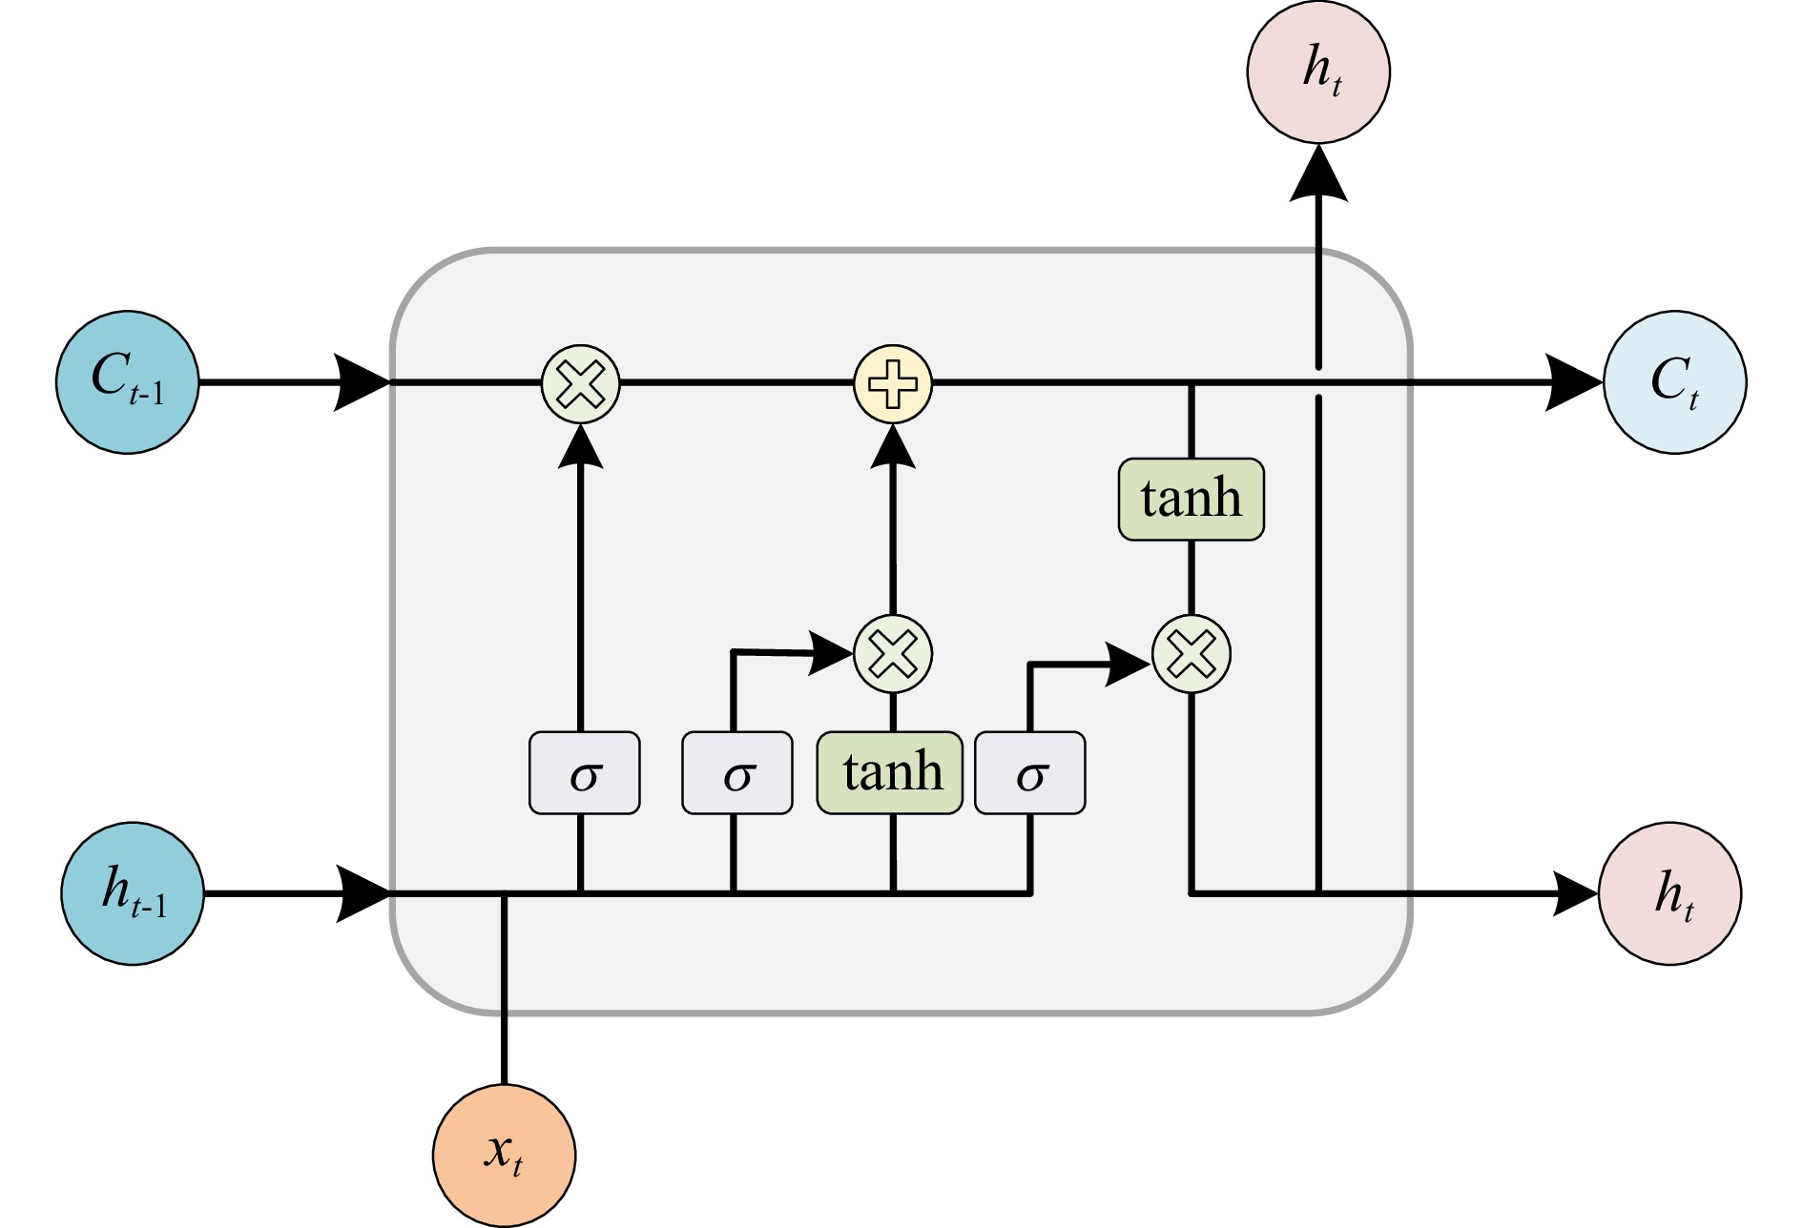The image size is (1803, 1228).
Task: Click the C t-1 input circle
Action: (128, 382)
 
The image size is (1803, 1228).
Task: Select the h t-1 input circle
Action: (133, 894)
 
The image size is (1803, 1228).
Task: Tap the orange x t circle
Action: (504, 1156)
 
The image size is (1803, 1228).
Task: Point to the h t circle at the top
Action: (1318, 72)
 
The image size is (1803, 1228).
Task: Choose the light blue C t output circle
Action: (1675, 382)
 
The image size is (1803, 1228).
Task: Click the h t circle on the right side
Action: (1670, 894)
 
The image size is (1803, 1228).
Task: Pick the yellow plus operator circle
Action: (893, 383)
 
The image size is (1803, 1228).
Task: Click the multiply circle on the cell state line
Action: (581, 383)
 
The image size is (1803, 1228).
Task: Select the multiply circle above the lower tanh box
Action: (893, 654)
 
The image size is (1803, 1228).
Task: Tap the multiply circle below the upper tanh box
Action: (1192, 654)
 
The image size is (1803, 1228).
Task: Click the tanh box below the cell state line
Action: (1192, 500)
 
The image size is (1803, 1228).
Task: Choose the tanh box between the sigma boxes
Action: (890, 772)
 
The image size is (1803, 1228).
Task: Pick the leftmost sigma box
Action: (585, 772)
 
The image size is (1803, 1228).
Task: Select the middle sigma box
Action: (737, 772)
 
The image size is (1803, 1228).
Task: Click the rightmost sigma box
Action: (1030, 772)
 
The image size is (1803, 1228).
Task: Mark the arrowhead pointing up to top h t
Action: (1318, 174)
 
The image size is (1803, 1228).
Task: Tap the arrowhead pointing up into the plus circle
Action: (893, 447)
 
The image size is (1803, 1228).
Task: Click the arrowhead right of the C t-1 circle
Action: (361, 382)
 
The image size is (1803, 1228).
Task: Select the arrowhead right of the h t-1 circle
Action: (363, 894)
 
